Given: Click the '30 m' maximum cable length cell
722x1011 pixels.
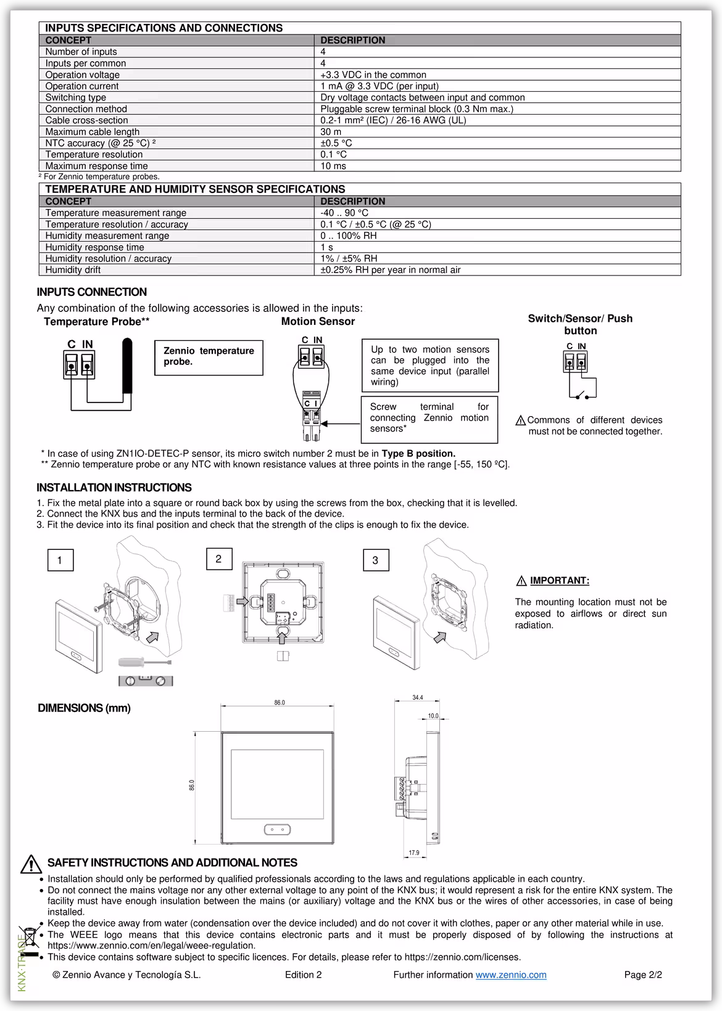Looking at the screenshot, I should coord(331,132).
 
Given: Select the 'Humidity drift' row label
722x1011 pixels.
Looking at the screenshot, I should coord(73,270).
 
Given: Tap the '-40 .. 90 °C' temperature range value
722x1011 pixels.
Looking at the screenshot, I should coord(344,213).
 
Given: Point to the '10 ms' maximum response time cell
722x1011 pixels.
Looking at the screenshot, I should coord(333,166).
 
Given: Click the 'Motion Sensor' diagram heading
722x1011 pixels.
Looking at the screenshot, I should coord(318,321).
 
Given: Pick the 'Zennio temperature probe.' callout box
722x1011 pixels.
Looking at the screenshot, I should coord(209,357).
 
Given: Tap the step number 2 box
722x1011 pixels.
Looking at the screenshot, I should coord(218,559).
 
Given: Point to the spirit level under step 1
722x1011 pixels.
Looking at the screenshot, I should coord(146,681).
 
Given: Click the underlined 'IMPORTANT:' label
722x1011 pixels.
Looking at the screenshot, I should coord(559,581).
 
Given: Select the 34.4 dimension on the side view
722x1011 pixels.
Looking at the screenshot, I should coord(418,698).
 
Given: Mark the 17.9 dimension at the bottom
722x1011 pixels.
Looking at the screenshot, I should coord(414,853).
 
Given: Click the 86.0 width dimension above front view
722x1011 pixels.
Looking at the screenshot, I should coord(280,703).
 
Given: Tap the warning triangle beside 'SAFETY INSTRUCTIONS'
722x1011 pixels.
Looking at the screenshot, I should coord(31,864).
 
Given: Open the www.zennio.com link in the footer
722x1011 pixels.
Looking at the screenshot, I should coord(511,975).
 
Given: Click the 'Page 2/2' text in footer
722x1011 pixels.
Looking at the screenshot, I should coord(643,975).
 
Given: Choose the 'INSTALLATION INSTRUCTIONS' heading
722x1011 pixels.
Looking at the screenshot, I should coord(114,488).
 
